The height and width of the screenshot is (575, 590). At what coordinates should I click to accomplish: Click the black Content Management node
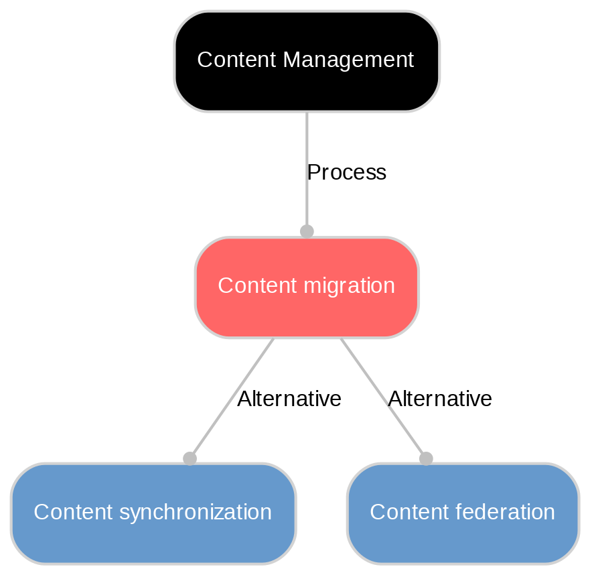point(307,61)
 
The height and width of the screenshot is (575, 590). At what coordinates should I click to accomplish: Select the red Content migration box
point(307,287)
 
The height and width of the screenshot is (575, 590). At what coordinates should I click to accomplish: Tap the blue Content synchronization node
point(153,513)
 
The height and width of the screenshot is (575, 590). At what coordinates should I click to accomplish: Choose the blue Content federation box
point(462,513)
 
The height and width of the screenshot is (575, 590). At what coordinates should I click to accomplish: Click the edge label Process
point(346,173)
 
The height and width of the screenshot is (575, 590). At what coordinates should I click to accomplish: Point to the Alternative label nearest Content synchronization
point(289,399)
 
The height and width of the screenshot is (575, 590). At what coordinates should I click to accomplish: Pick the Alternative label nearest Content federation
point(440,399)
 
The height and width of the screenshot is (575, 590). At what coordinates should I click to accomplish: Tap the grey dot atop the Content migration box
point(307,231)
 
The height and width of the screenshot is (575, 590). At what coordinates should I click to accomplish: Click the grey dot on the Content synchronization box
point(190,458)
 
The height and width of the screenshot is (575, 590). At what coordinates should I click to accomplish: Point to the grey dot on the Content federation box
point(426,458)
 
